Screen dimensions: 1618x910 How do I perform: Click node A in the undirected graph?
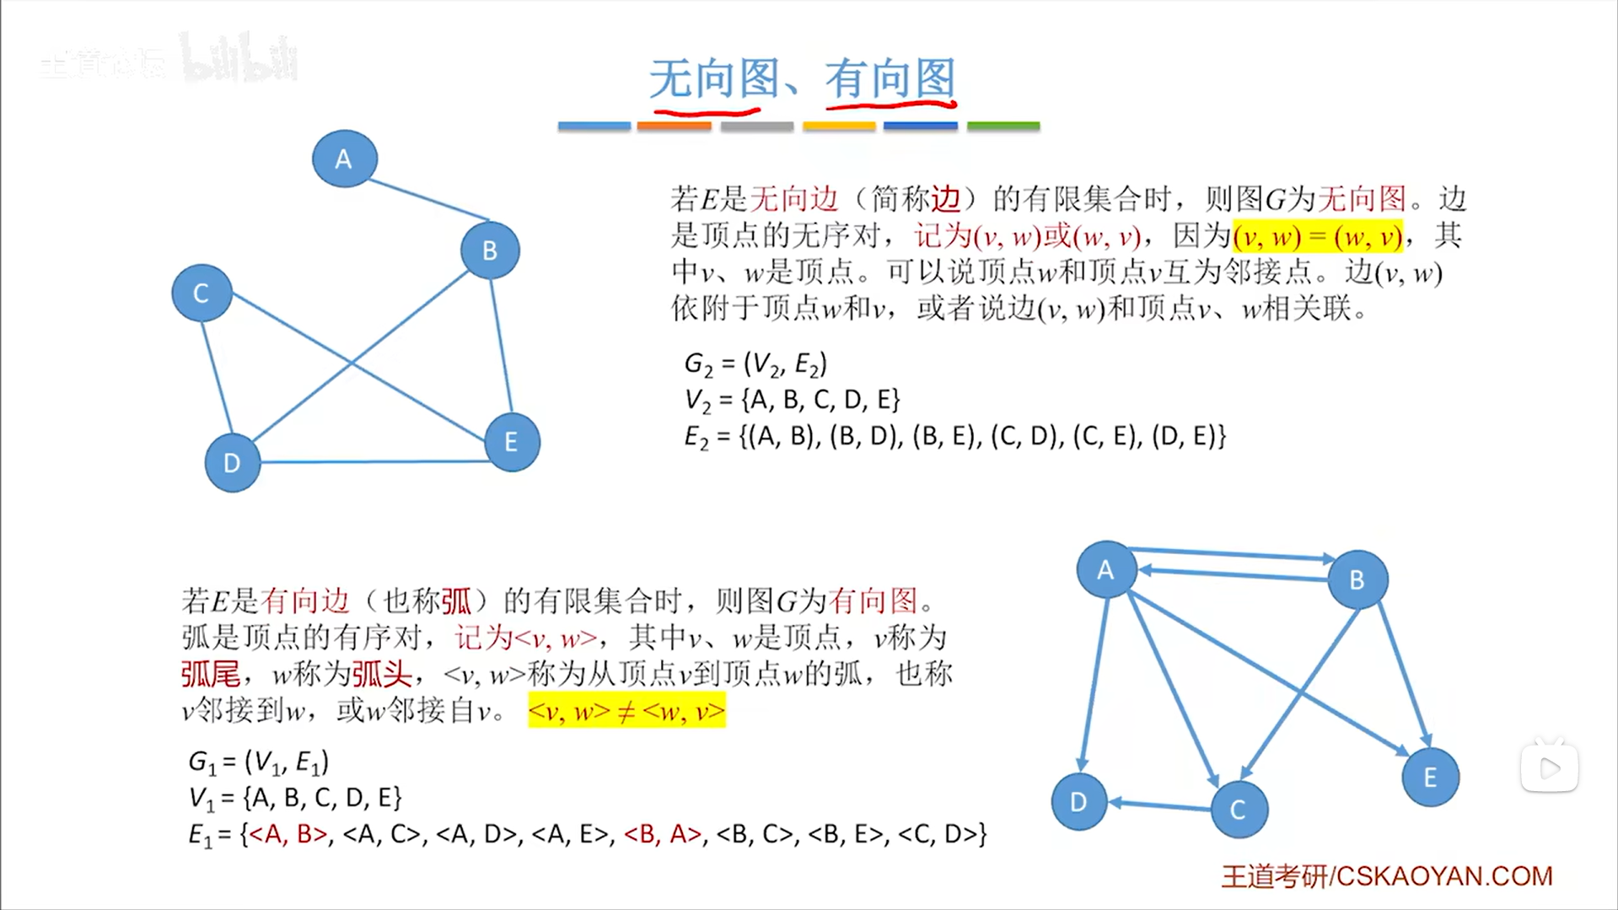point(344,159)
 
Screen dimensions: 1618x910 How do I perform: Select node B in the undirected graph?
point(490,250)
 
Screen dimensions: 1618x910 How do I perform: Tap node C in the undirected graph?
point(202,293)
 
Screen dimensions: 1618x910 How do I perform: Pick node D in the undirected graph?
point(232,462)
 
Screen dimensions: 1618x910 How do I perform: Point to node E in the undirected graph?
point(511,442)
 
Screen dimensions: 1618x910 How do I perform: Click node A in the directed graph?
point(1106,570)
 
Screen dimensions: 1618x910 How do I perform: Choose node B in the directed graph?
point(1357,579)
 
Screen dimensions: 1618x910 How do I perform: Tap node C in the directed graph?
point(1238,810)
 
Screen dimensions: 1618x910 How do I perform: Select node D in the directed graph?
point(1078,802)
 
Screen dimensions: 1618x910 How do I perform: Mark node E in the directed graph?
point(1430,777)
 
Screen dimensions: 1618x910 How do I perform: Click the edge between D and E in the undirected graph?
point(371,461)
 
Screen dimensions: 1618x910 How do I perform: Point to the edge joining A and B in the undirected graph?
point(428,200)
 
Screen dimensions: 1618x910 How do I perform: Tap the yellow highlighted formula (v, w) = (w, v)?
point(1317,237)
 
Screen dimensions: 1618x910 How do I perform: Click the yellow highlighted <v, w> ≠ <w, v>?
point(626,711)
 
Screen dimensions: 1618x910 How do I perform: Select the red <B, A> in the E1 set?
point(662,834)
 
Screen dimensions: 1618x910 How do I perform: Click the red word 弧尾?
point(211,674)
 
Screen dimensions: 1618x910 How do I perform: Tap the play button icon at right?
point(1550,767)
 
